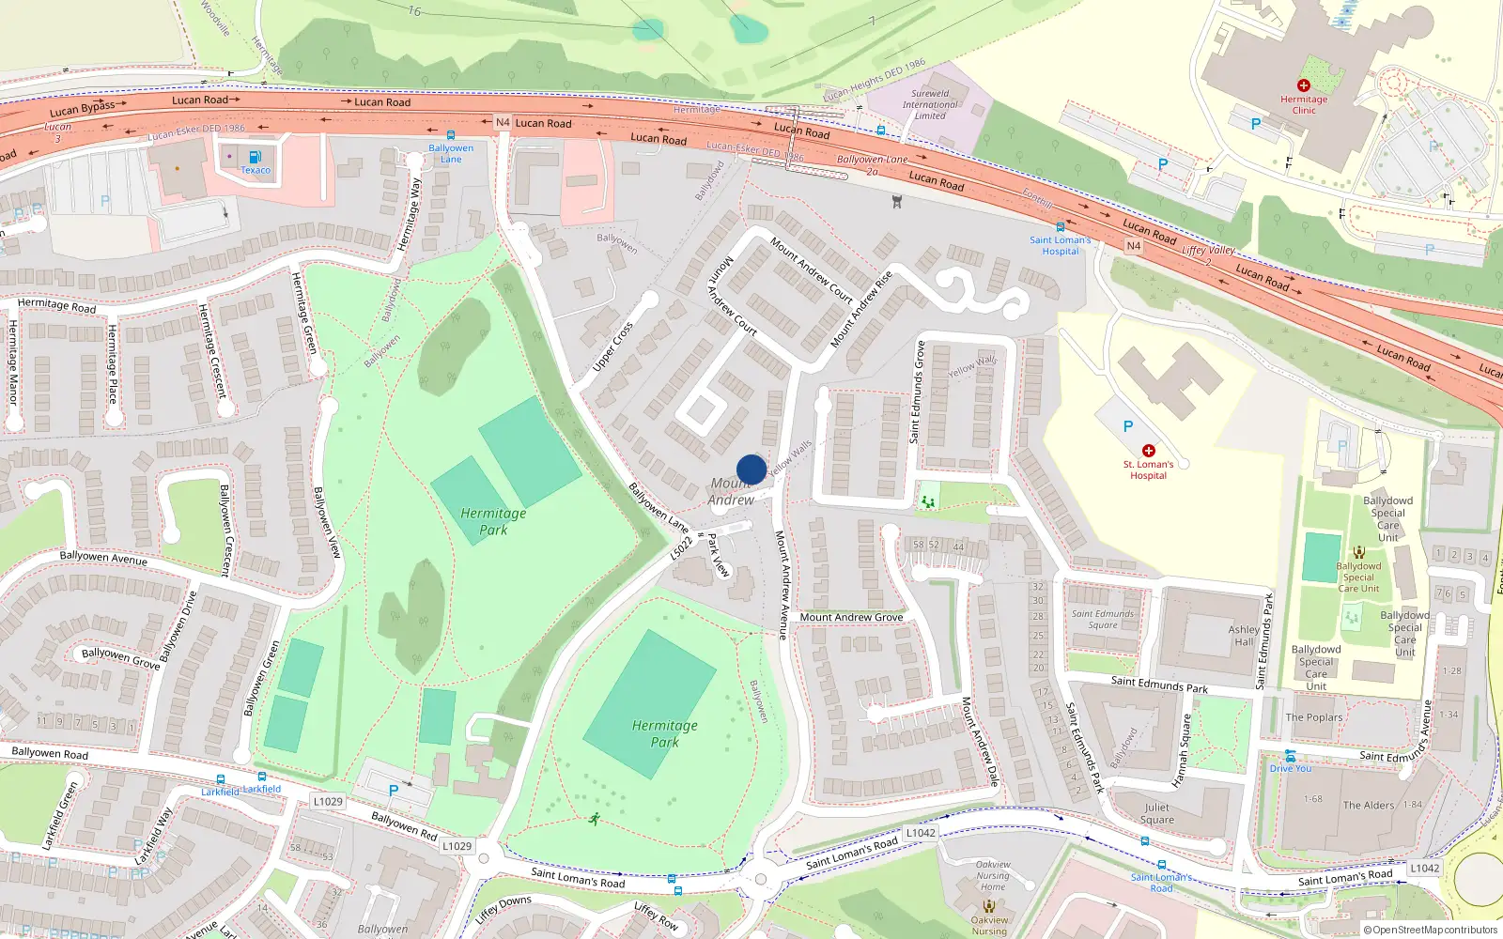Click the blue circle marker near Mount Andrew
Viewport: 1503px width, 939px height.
pos(751,469)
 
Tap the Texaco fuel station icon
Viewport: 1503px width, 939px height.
pos(255,157)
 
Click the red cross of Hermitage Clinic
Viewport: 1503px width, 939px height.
pos(1303,85)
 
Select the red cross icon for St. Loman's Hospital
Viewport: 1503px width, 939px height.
pos(1148,451)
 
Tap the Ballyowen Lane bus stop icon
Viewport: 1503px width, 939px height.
pos(451,135)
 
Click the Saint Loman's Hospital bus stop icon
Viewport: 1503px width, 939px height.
pos(1060,226)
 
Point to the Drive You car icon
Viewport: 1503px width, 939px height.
pos(1290,756)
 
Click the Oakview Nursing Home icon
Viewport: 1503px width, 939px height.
pos(988,907)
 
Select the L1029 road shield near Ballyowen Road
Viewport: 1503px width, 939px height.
pos(328,801)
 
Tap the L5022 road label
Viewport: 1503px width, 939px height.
pos(681,548)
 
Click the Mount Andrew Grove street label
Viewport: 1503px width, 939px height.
pos(851,617)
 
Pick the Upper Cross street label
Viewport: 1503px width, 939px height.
pos(612,346)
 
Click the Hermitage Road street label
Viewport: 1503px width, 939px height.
pos(56,304)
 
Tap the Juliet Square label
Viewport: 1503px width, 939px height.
pos(1157,813)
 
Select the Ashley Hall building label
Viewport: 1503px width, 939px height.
pos(1243,636)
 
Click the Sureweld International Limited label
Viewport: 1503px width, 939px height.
pos(930,104)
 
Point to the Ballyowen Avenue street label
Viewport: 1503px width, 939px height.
pos(103,557)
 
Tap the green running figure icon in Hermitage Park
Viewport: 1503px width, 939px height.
pos(594,819)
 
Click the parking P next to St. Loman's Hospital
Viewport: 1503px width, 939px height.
pos(1127,426)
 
